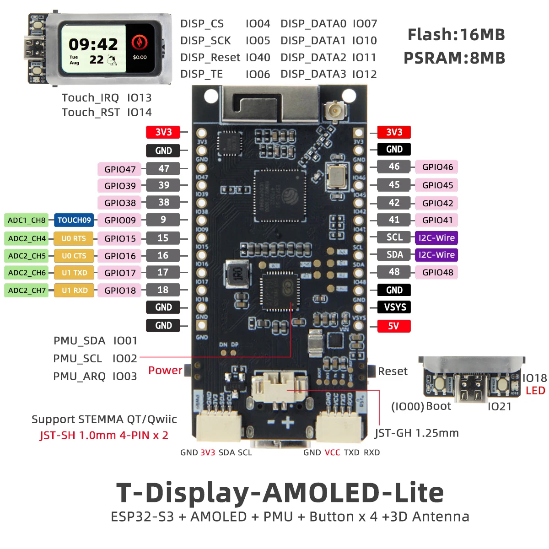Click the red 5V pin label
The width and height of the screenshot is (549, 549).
393,326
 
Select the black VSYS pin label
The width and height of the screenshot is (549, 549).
394,307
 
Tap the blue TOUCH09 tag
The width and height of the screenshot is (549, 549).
74,220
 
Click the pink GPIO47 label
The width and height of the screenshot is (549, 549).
120,169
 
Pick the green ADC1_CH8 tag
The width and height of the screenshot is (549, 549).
27,220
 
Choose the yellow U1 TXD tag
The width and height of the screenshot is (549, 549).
74,273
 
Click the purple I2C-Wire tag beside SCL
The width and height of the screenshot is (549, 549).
436,238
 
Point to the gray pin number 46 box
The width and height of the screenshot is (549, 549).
394,167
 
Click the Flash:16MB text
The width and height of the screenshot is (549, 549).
456,35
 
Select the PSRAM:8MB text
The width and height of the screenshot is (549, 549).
454,58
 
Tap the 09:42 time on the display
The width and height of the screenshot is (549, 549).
93,44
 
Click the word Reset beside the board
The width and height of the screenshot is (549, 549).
393,371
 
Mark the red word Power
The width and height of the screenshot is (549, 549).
165,370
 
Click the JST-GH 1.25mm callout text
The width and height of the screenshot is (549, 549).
416,433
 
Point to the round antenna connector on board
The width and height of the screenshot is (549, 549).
333,110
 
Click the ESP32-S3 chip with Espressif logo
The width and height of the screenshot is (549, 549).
280,195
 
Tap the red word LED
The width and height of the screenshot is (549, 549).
535,391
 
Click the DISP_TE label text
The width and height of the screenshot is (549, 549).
201,74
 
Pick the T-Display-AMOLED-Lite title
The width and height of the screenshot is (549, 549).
280,493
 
